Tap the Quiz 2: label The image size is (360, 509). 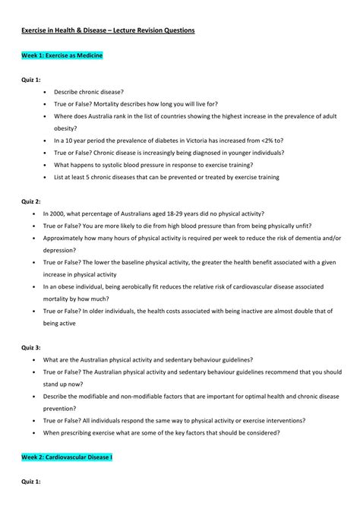[x=31, y=201]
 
